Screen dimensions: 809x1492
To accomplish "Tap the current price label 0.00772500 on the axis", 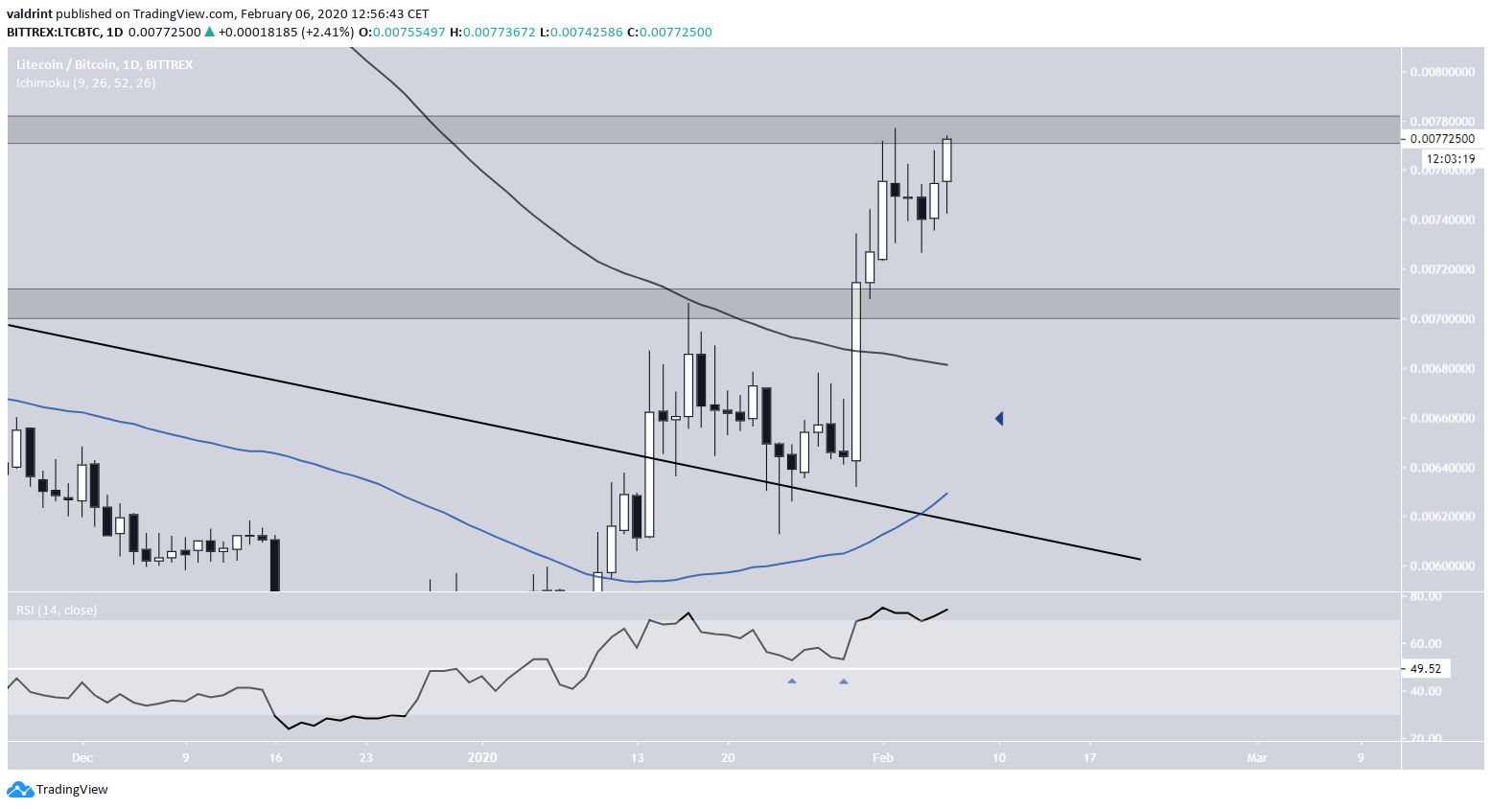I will (1442, 139).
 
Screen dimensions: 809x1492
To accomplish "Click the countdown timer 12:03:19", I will (1449, 159).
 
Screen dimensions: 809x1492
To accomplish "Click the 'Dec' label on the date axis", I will (82, 757).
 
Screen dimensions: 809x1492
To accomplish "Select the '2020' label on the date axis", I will (482, 757).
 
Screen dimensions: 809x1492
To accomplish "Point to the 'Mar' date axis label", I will (1256, 757).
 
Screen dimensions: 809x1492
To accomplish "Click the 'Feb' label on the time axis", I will (882, 757).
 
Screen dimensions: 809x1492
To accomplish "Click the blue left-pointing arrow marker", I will (999, 419).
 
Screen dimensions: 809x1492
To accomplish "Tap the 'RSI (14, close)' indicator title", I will (57, 610).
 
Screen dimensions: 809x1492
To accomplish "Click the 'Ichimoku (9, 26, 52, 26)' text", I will (85, 82).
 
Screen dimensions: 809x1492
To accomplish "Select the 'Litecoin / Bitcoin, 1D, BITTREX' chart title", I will (105, 64).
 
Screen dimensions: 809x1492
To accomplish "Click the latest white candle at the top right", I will (947, 160).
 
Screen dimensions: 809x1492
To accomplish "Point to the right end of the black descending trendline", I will (1138, 559).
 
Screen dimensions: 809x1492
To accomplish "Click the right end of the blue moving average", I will (946, 494).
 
